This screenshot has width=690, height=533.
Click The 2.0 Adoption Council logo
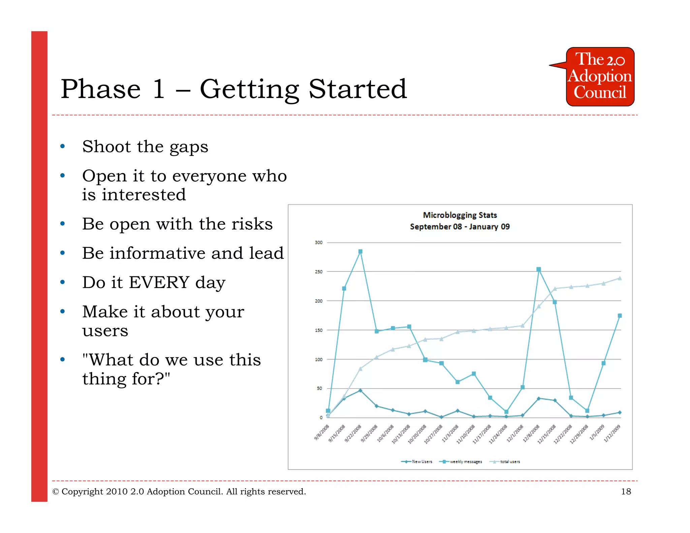pyautogui.click(x=600, y=77)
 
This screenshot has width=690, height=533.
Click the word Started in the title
pyautogui.click(x=357, y=89)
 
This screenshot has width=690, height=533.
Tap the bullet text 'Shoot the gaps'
pyautogui.click(x=145, y=147)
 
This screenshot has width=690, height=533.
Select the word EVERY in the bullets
pyautogui.click(x=159, y=282)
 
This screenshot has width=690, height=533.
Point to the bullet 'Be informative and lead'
pyautogui.click(x=183, y=253)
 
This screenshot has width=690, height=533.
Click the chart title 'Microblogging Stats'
pyautogui.click(x=460, y=215)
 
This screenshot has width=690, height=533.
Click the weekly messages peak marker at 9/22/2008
pyautogui.click(x=360, y=251)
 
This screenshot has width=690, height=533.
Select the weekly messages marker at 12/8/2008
pyautogui.click(x=538, y=269)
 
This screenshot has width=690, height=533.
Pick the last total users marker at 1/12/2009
pyautogui.click(x=619, y=278)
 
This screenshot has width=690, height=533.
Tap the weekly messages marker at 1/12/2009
pyautogui.click(x=620, y=316)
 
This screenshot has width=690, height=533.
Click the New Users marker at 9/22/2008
pyautogui.click(x=360, y=390)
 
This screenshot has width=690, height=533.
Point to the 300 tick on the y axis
pyautogui.click(x=318, y=243)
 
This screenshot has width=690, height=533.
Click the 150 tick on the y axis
pyautogui.click(x=318, y=330)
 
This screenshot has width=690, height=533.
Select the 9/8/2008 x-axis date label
pyautogui.click(x=322, y=433)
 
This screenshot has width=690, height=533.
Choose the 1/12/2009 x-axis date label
pyautogui.click(x=612, y=434)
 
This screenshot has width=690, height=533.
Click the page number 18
pyautogui.click(x=626, y=492)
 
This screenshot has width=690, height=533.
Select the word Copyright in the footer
pyautogui.click(x=82, y=492)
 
